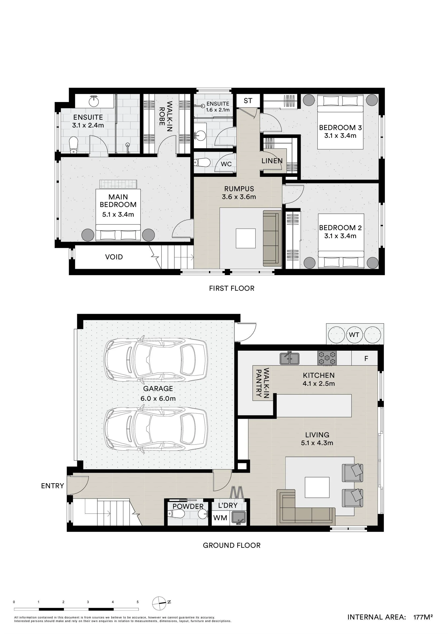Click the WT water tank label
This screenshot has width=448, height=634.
pos(354,335)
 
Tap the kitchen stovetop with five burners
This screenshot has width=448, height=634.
pos(327,358)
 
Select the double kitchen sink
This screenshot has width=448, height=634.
pos(289,358)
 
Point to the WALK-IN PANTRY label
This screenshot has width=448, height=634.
pos(262,382)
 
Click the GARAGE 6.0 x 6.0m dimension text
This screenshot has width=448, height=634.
pos(158,399)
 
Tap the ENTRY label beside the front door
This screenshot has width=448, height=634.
pos(53,486)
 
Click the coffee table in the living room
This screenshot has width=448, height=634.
pos(317,487)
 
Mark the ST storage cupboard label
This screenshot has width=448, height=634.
pos(248,101)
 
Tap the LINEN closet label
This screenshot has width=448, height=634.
pos(272,161)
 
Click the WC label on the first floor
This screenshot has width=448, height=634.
pos(226,164)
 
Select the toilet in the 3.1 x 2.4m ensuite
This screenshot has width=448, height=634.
pos(74,145)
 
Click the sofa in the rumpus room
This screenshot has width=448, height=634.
pos(272,238)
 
